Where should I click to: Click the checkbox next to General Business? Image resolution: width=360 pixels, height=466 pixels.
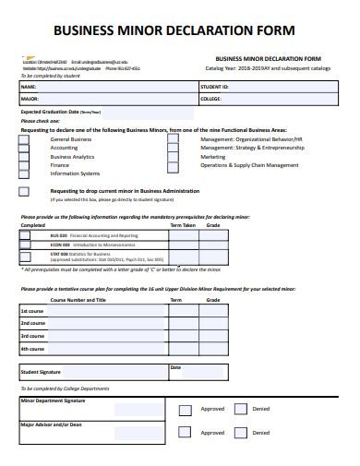[x=24, y=139]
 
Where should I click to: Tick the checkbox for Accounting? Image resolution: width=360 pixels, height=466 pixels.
[x=24, y=148]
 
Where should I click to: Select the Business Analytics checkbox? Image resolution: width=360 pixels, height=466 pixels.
[x=24, y=157]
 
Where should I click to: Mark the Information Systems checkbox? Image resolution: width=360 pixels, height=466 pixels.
[x=24, y=173]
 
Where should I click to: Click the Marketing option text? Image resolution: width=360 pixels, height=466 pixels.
[x=213, y=157]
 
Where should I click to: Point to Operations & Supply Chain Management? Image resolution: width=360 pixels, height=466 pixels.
[x=249, y=165]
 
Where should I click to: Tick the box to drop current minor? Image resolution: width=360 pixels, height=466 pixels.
[x=24, y=191]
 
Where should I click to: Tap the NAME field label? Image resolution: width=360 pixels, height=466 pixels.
[x=28, y=87]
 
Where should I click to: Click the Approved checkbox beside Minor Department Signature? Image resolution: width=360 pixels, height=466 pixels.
[x=185, y=409]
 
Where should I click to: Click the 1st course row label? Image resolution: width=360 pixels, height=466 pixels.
[x=32, y=311]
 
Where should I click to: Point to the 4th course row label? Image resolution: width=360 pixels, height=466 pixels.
[x=32, y=349]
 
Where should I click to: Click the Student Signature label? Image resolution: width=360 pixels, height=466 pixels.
[x=40, y=372]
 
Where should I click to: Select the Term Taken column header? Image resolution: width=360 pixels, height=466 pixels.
[x=183, y=224]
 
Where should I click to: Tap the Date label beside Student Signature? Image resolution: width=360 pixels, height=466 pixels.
[x=174, y=366]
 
